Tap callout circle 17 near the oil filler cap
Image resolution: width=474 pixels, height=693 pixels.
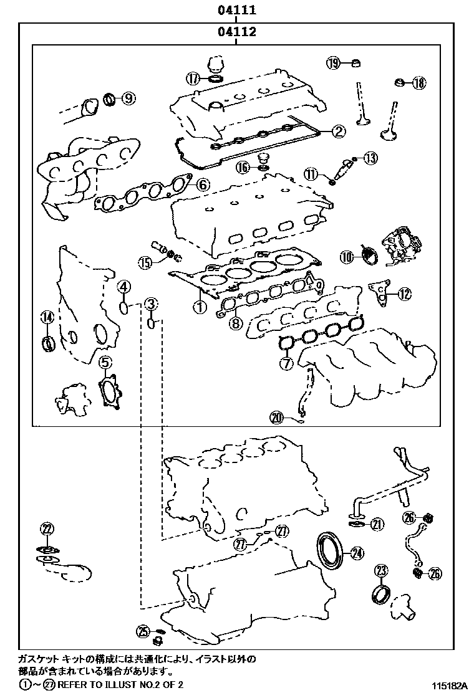[x=193, y=79]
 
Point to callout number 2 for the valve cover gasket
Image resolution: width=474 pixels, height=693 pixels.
[x=337, y=131]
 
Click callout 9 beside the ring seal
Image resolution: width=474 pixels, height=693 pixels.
[x=128, y=98]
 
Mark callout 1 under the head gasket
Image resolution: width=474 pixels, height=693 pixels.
[x=199, y=307]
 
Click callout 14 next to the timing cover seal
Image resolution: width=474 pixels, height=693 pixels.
[x=46, y=317]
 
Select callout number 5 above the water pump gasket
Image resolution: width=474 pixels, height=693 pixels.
[x=105, y=361]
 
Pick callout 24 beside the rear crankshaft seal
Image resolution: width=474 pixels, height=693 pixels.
[x=356, y=552]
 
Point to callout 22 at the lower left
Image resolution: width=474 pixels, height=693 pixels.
[x=47, y=529]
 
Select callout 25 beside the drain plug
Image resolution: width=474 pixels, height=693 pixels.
[x=143, y=631]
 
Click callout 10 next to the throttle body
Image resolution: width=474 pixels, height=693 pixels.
[x=347, y=256]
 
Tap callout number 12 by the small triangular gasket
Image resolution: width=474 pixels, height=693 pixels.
[x=405, y=294]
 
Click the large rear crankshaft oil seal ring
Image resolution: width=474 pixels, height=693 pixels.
[x=330, y=550]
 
